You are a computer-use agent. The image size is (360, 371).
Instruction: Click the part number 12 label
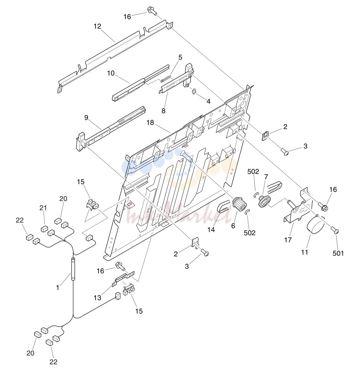tap(97, 26)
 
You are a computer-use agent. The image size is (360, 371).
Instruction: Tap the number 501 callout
tap(338, 253)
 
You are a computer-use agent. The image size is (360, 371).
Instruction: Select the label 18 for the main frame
tap(150, 123)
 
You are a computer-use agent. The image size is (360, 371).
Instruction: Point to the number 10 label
tap(111, 73)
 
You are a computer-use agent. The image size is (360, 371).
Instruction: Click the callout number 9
tap(86, 117)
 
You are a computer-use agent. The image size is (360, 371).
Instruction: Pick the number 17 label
tap(288, 240)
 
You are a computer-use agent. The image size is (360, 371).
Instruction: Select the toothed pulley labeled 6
tap(240, 204)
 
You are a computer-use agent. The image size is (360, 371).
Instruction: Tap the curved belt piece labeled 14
tap(223, 206)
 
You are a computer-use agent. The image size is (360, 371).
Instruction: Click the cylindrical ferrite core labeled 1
tap(73, 269)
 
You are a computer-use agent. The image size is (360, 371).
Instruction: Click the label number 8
tap(163, 110)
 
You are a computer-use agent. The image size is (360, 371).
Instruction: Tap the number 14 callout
tap(211, 229)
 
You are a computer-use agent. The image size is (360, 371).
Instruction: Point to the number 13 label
tap(97, 297)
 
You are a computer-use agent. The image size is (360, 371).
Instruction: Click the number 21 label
tap(43, 208)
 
